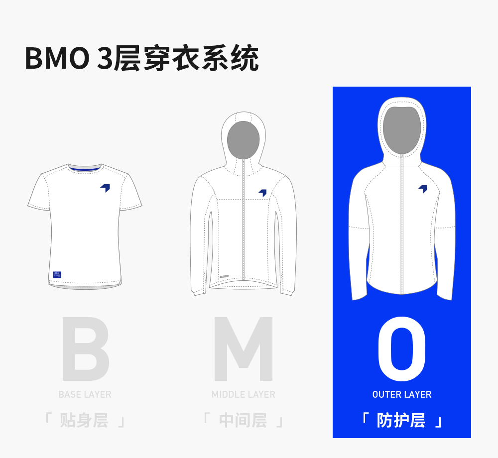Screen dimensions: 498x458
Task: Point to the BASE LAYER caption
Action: pos(85,394)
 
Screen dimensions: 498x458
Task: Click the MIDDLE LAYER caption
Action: pos(243,394)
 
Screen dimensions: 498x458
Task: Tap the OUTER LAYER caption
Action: pos(401,394)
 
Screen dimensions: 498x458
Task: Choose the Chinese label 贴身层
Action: pos(84,420)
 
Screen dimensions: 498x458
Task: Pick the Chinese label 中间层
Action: pos(243,420)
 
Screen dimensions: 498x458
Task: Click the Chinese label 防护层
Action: pos(401,420)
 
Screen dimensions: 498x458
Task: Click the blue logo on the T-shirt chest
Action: pos(105,188)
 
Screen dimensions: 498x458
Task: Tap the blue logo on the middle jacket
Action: pos(262,193)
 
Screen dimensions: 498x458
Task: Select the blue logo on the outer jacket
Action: pos(423,189)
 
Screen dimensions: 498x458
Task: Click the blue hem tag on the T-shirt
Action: pos(57,274)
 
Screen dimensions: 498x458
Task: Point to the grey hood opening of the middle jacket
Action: pos(243,140)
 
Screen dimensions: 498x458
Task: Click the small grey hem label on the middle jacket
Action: pos(225,274)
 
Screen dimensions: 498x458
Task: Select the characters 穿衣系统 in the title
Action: pos(201,59)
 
